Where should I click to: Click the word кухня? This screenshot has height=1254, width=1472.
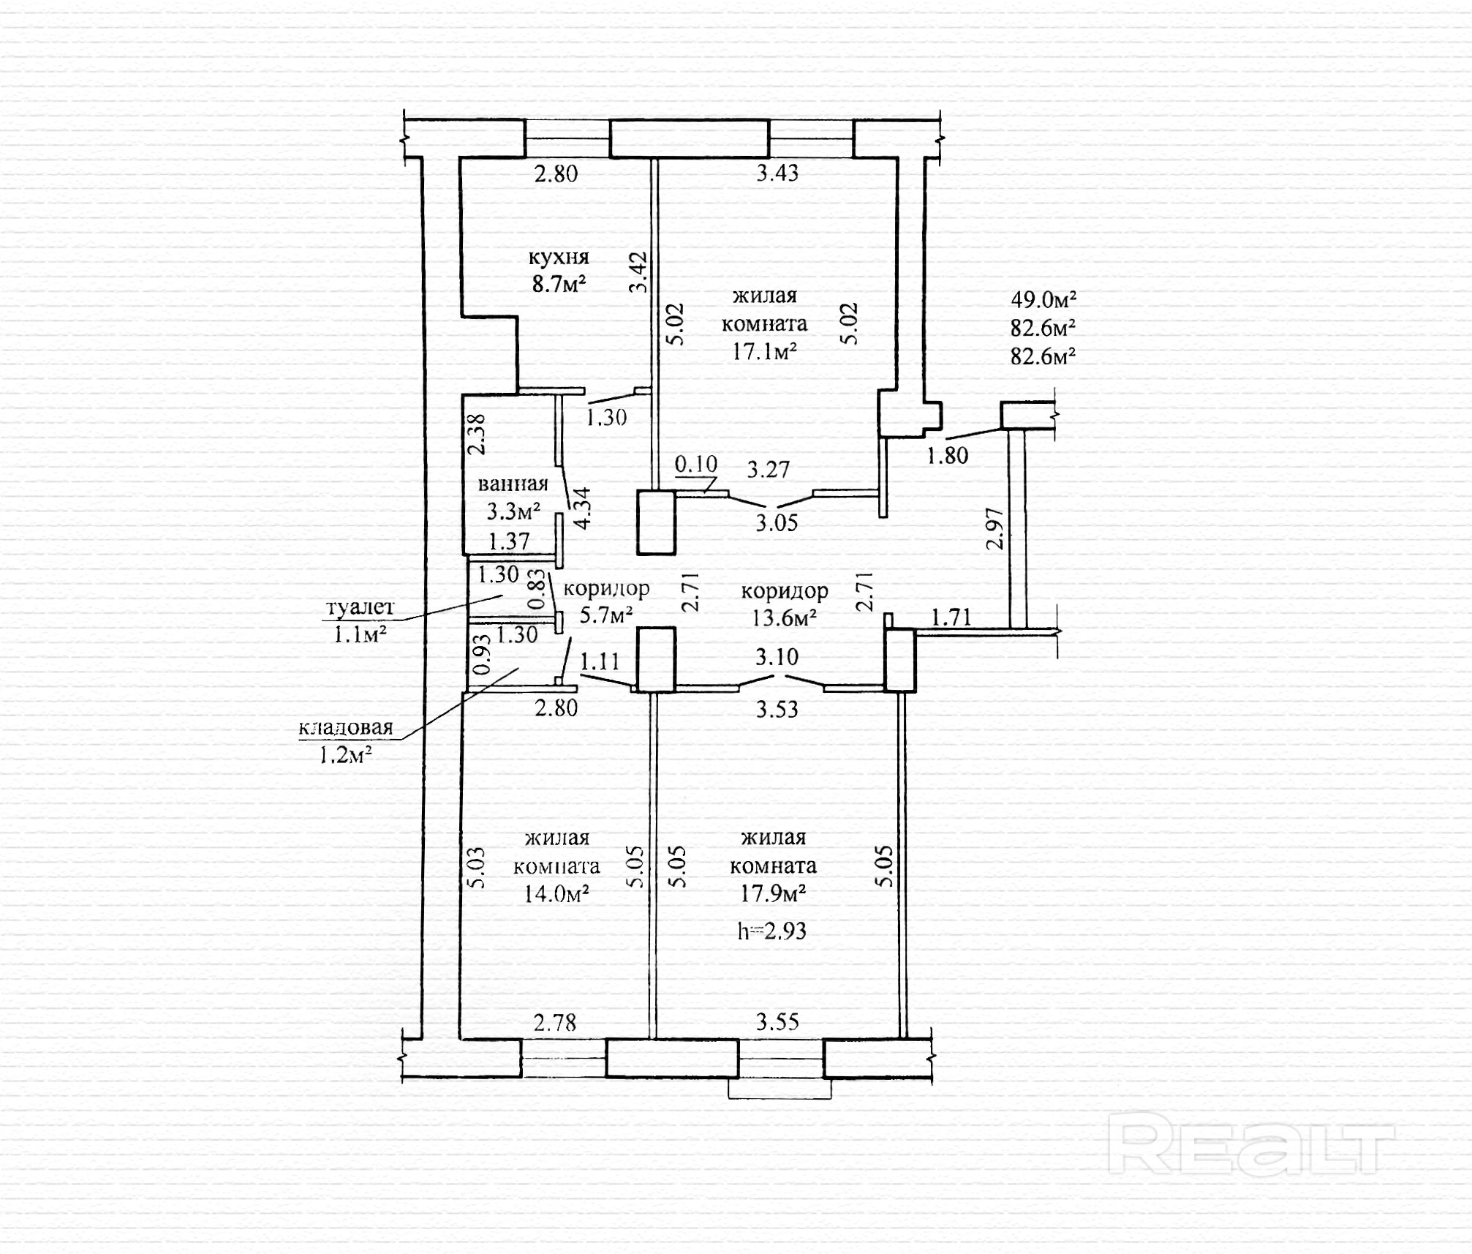[559, 258]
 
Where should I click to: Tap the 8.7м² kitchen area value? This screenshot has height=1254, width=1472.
[559, 284]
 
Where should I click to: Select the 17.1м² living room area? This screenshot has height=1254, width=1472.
[764, 352]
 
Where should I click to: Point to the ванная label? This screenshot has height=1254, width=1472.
[513, 484]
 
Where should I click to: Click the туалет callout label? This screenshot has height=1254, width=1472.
[360, 607]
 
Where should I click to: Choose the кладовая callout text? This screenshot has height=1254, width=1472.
[346, 727]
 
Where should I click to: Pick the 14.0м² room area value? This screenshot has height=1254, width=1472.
[556, 893]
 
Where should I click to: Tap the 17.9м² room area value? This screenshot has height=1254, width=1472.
[773, 893]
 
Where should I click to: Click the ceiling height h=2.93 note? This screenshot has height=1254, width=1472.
[771, 931]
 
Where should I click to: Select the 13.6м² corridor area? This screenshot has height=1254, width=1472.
[784, 617]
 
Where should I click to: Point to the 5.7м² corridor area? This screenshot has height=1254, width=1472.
[606, 615]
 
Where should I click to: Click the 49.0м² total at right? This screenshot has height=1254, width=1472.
[1043, 299]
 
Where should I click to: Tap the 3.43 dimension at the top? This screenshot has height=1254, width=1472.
[777, 173]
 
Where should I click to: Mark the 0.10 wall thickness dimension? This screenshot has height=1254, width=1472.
[695, 464]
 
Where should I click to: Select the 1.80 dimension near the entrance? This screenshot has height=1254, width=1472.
[947, 456]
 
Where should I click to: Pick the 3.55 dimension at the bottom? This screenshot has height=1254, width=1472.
[777, 1021]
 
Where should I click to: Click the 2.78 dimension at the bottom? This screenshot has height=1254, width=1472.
[555, 1022]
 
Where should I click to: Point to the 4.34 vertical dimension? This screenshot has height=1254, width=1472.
[582, 508]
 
